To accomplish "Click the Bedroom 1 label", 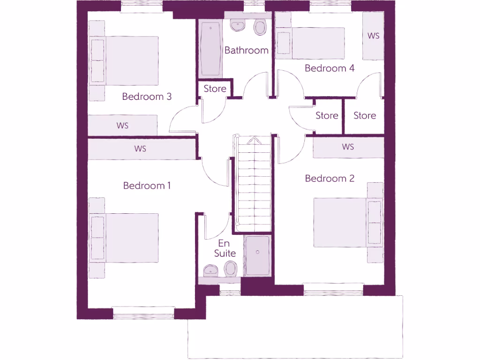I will click(147, 186).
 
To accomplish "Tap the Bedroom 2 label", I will click(330, 179).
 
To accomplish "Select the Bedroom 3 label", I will click(147, 97).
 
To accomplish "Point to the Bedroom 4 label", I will click(330, 68).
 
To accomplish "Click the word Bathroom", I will click(246, 50).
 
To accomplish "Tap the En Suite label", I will click(225, 249).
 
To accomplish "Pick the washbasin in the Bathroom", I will click(238, 26).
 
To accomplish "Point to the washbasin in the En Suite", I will click(210, 270).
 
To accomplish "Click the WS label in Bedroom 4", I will click(373, 36).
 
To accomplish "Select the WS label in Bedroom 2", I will click(348, 147).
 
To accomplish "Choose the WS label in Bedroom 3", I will click(123, 126).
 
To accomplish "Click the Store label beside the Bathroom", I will click(215, 88).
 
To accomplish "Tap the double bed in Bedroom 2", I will click(340, 222).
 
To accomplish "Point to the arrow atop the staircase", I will click(253, 140).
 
